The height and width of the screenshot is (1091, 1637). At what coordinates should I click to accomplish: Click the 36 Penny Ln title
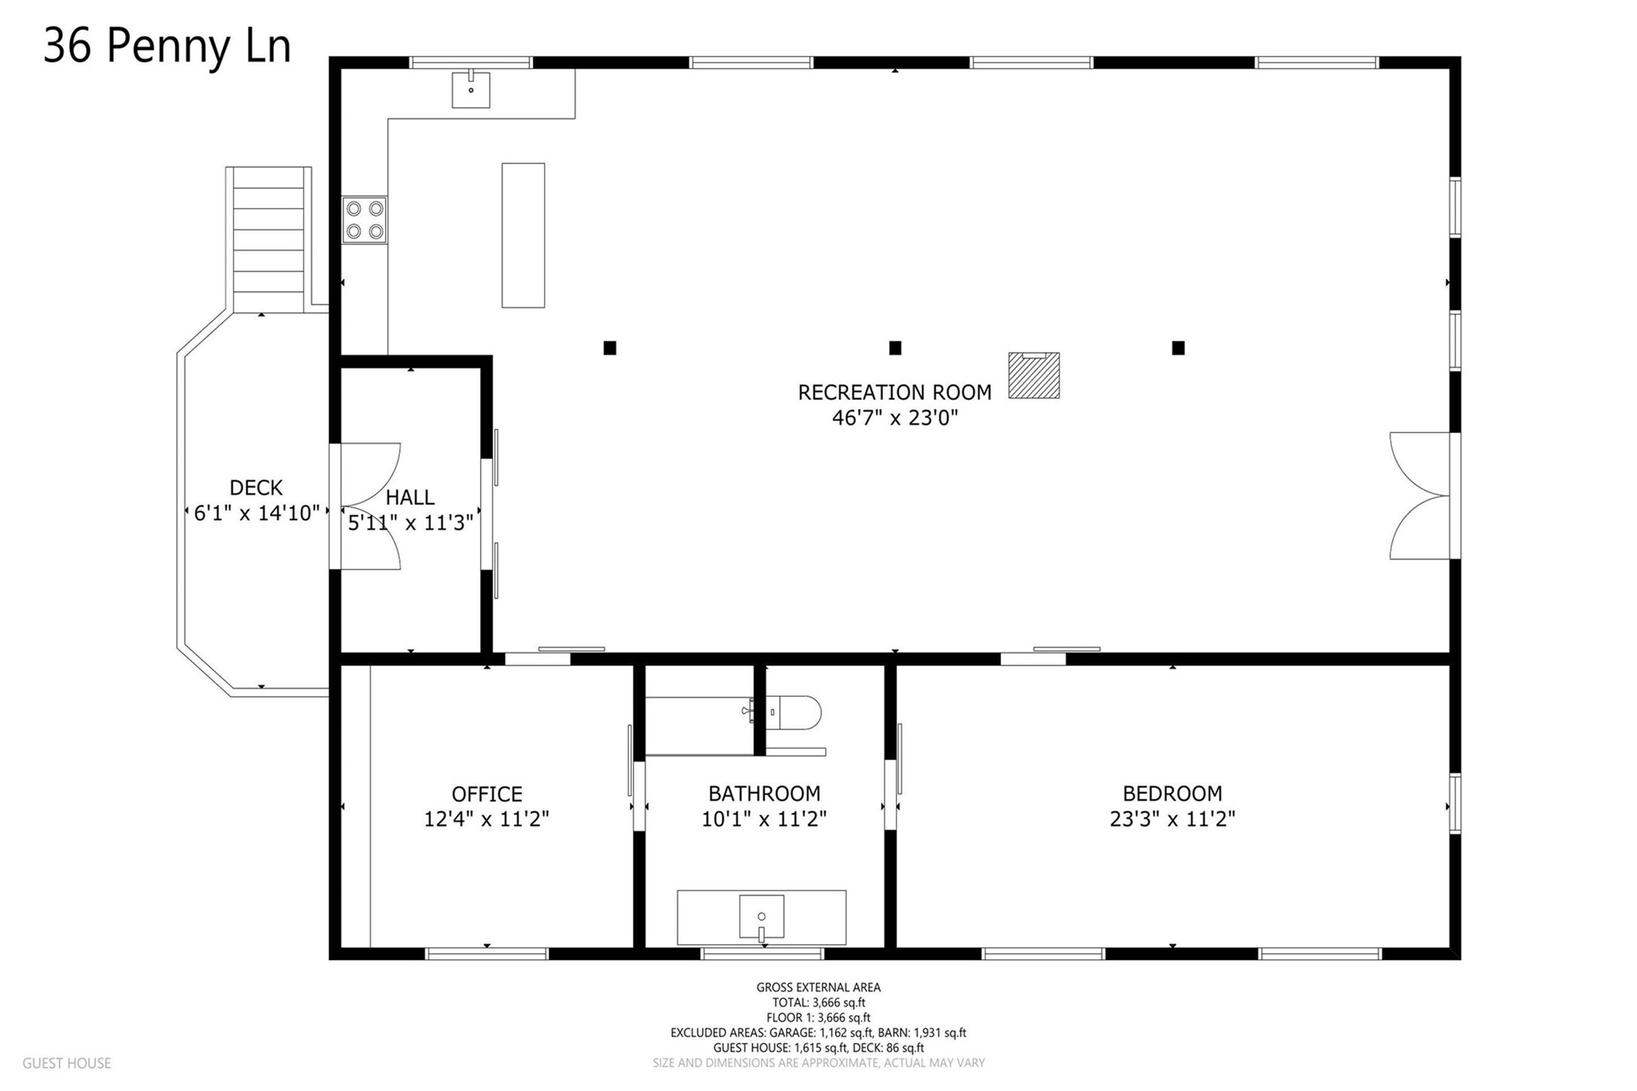click(167, 47)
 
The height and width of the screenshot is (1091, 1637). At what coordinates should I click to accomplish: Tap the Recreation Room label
click(894, 393)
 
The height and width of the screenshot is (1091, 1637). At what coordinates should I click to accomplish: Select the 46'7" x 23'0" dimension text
click(894, 417)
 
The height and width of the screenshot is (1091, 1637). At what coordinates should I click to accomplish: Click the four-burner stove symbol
click(365, 220)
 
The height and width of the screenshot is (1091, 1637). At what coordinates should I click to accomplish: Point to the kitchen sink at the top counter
click(471, 90)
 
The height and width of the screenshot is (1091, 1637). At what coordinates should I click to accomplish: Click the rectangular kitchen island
click(523, 235)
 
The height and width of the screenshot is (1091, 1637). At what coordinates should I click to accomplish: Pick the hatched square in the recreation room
click(1034, 375)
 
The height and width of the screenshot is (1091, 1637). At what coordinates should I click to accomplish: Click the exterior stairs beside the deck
click(269, 240)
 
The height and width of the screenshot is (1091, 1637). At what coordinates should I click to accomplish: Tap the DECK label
click(256, 487)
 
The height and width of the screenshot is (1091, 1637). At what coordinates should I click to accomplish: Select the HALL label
click(410, 497)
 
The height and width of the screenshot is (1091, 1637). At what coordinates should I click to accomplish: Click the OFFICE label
click(487, 794)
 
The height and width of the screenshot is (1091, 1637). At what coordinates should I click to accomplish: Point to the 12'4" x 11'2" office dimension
click(487, 819)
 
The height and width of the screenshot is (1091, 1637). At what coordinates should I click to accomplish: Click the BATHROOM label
click(764, 793)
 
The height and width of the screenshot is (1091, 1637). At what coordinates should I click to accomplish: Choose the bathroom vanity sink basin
click(762, 917)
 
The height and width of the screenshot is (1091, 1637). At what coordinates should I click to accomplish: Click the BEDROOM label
click(1172, 793)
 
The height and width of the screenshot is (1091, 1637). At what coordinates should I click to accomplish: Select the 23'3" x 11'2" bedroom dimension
click(1172, 819)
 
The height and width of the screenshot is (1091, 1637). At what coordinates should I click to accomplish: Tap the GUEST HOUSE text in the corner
click(67, 1063)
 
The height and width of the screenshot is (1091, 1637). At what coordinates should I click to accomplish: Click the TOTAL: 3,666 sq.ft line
click(818, 1003)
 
